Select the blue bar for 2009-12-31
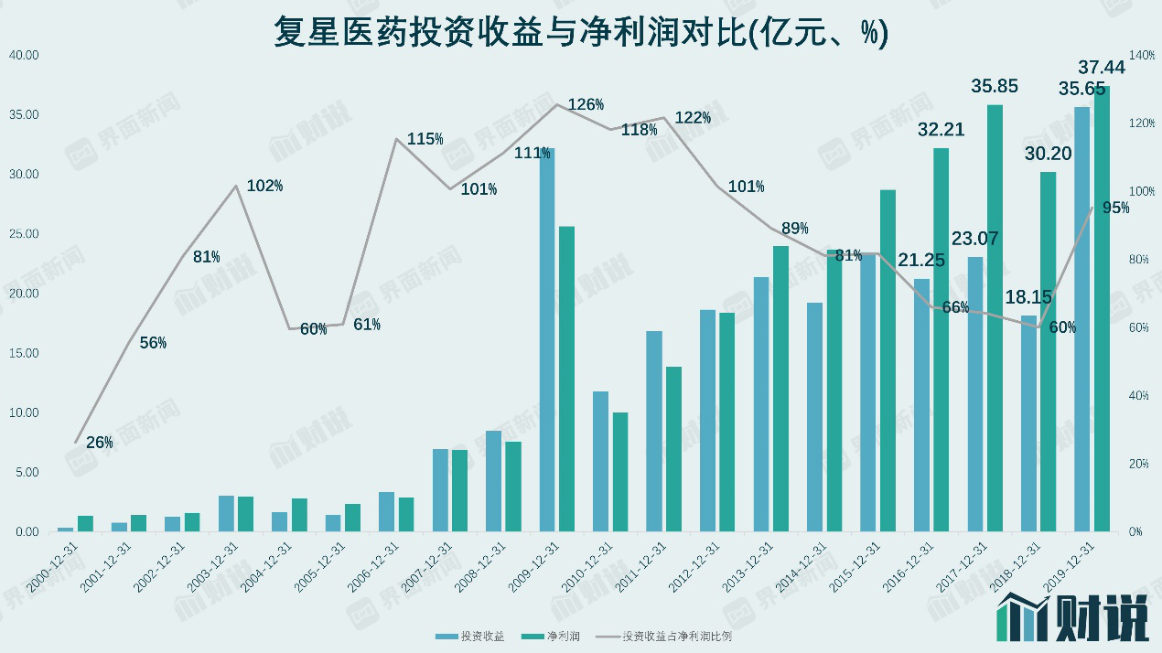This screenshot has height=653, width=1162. [x=547, y=339]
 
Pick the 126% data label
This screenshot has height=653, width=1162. [x=586, y=104]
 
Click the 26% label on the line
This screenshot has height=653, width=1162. [x=100, y=443]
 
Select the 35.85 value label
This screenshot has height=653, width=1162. [x=993, y=87]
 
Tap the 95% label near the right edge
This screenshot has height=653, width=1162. [x=1116, y=208]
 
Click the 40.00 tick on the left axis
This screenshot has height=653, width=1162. [x=24, y=55]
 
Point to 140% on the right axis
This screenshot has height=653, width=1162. [x=1142, y=55]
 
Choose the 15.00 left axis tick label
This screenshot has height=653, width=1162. [x=24, y=353]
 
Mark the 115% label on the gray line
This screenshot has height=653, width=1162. [x=425, y=139]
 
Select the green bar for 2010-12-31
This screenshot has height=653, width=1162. [x=620, y=472]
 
